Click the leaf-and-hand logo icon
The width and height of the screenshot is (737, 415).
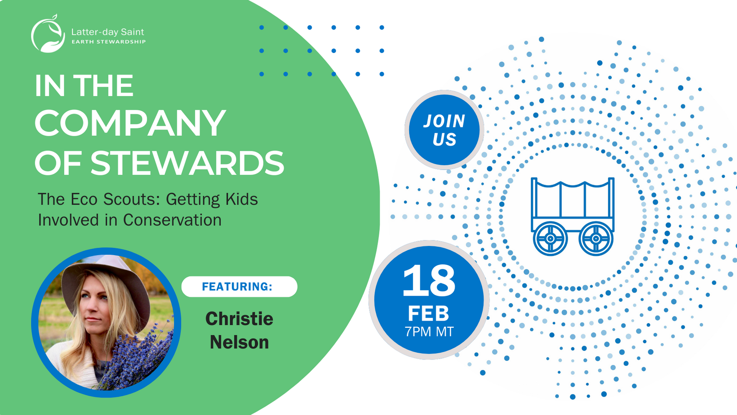pos(48,34)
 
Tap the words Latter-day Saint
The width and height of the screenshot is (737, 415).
pos(108,32)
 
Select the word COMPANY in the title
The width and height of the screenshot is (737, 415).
pos(130,123)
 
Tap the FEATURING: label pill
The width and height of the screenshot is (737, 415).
pos(239,286)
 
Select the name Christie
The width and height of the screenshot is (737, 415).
pos(239,319)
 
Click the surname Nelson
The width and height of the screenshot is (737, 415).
pos(239,342)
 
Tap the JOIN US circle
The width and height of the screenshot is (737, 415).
pos(444,130)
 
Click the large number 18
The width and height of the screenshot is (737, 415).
pos(428,281)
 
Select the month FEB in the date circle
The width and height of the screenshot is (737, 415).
pos(428,313)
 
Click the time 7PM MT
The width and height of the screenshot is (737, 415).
pos(429,332)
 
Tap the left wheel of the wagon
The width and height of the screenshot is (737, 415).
pos(550,239)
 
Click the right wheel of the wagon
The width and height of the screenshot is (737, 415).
pos(596,239)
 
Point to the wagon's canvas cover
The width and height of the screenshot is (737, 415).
pos(573,199)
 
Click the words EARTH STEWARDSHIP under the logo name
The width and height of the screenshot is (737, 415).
pos(109,42)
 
